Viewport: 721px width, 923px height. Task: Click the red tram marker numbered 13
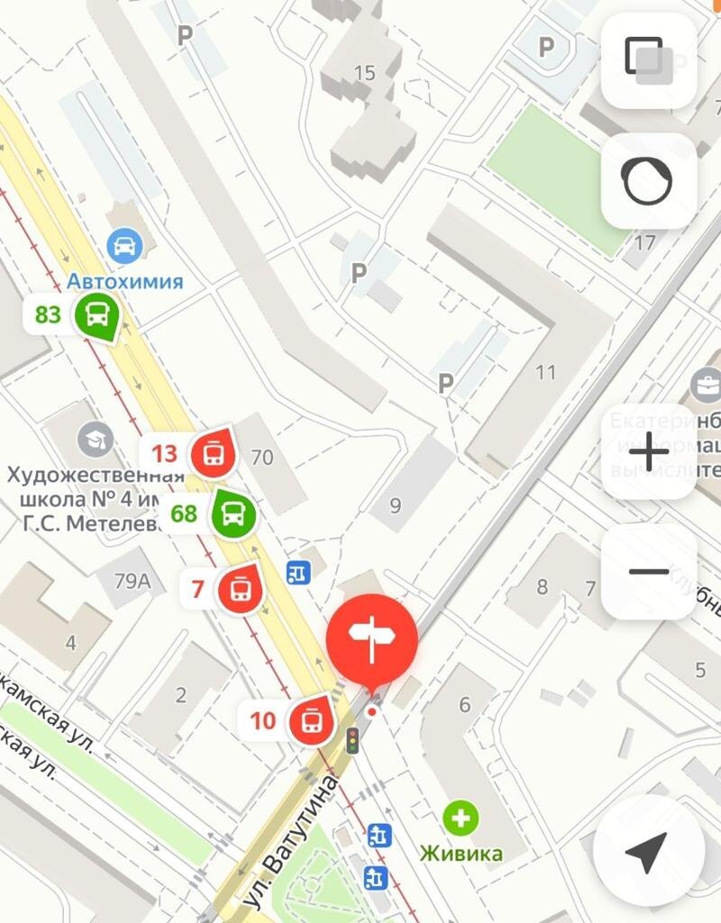click(x=214, y=453)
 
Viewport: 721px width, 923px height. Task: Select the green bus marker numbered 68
click(x=233, y=515)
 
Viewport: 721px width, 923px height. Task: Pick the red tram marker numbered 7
click(x=241, y=590)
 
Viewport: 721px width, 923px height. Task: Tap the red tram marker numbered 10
click(x=311, y=720)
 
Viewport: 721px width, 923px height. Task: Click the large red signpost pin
click(x=371, y=639)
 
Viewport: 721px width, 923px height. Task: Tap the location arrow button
click(x=647, y=850)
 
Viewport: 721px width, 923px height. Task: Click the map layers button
click(x=648, y=60)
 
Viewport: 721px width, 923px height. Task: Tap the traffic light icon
click(x=352, y=740)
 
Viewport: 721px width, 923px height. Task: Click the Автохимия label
click(x=125, y=281)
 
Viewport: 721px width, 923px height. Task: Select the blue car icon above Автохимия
click(x=124, y=244)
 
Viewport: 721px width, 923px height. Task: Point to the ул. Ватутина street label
click(x=290, y=843)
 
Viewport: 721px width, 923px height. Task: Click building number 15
click(x=365, y=73)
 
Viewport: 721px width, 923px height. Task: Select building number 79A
click(x=132, y=580)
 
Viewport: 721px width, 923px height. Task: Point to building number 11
click(x=545, y=372)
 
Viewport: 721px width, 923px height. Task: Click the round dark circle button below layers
click(x=648, y=181)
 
